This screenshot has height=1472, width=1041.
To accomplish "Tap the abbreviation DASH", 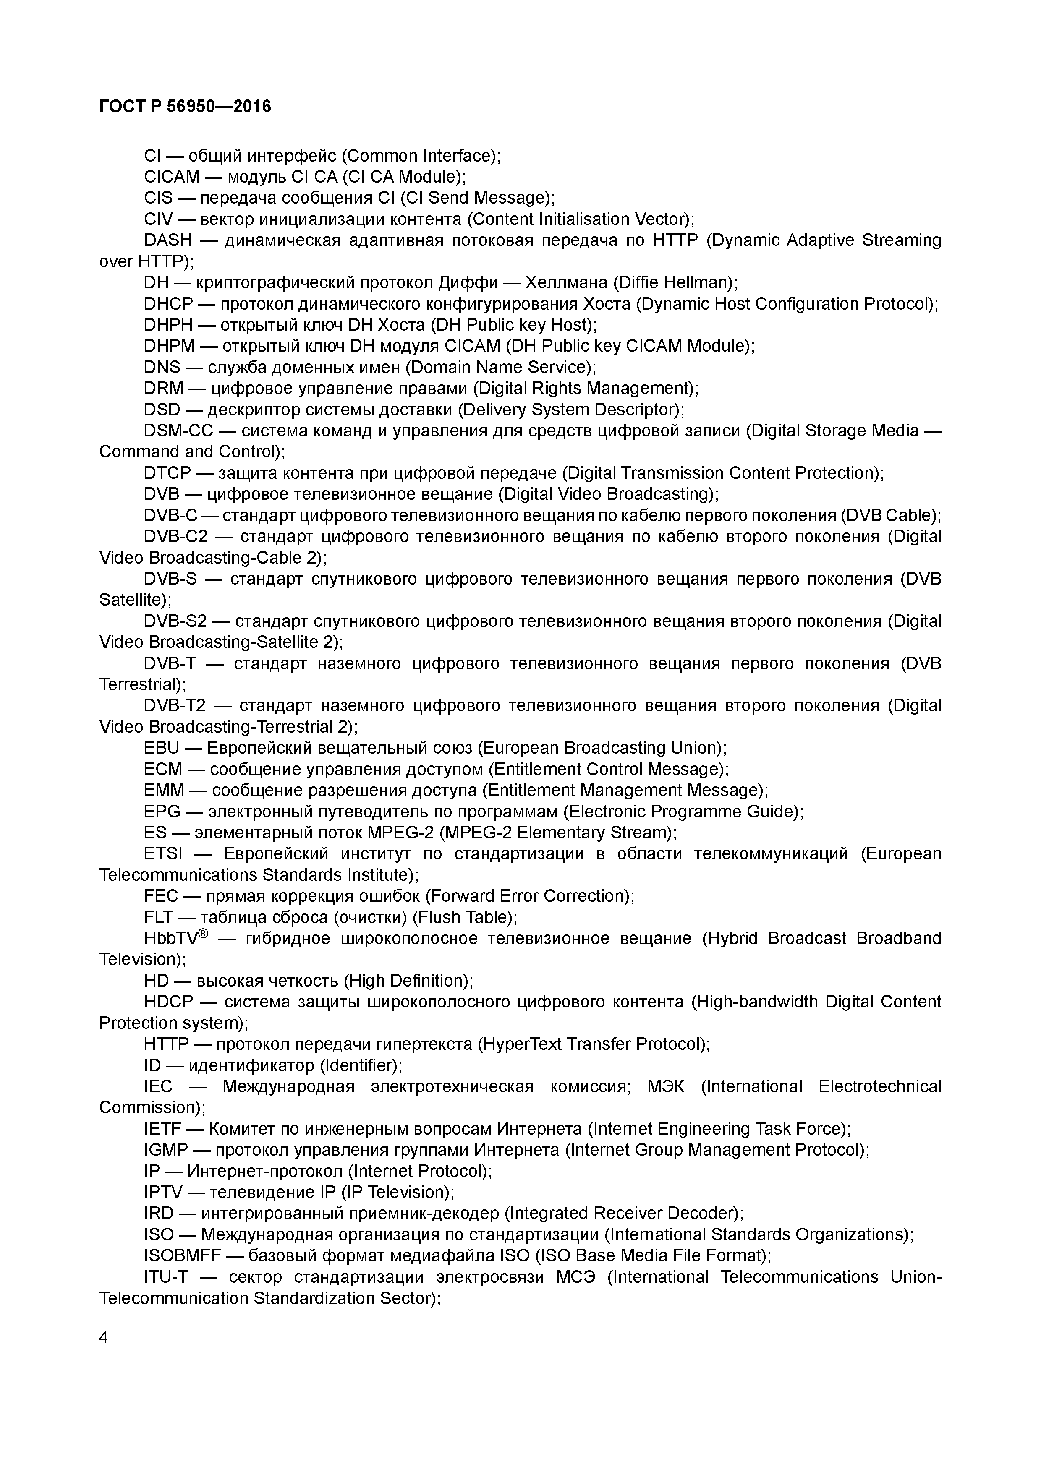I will click(x=167, y=240).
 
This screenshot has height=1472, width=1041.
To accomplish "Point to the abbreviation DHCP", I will click(x=168, y=304).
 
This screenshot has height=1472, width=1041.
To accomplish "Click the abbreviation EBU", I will click(x=161, y=748).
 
